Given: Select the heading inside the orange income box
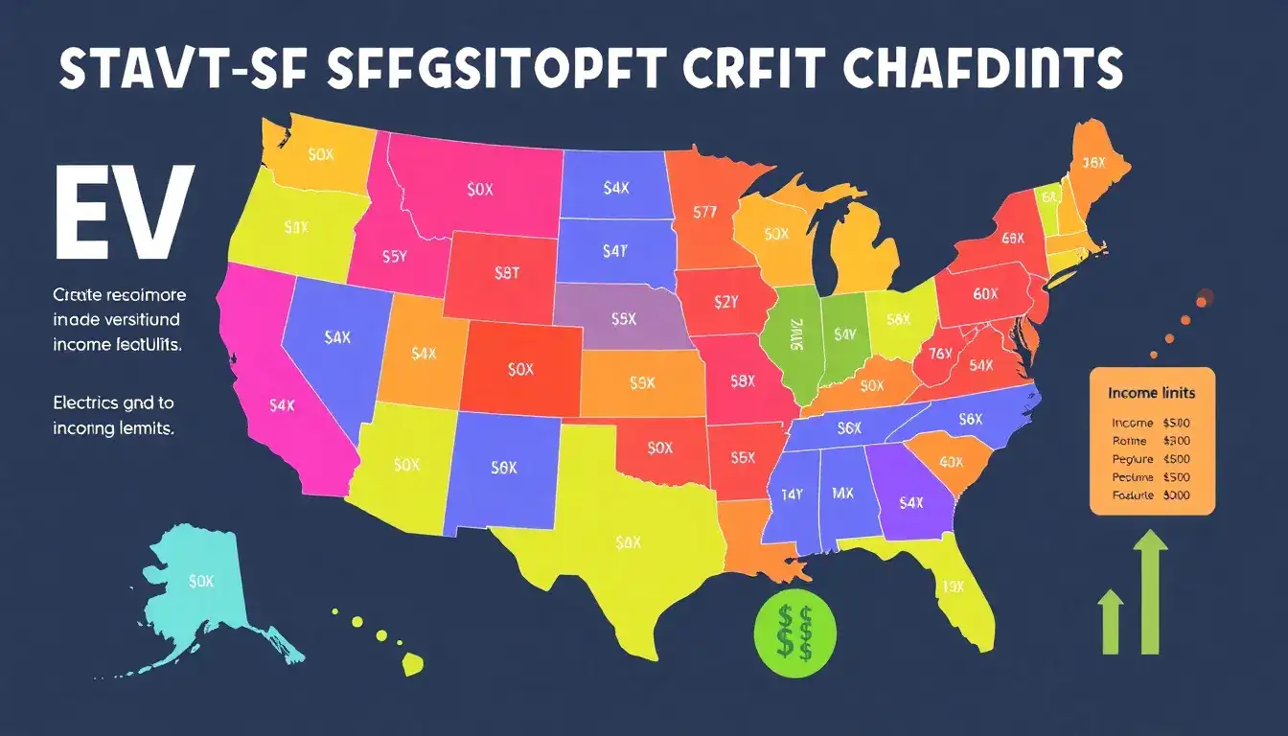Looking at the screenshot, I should coord(1151,393).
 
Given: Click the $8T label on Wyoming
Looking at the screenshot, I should coord(506,272).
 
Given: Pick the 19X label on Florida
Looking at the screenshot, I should coord(952,586).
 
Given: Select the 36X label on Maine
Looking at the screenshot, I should coord(1093,164).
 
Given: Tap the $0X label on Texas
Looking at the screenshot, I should coord(628,542).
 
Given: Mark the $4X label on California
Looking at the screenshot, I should coord(282,405).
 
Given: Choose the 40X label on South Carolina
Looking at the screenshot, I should coord(951,461).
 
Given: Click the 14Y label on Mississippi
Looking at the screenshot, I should coord(791,494).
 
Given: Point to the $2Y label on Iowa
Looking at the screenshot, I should coord(727,301).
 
